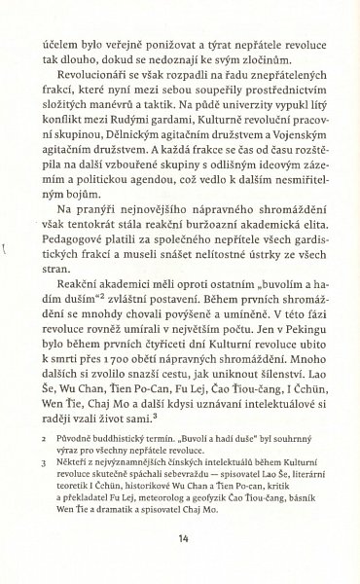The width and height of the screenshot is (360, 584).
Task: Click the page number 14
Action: pos(182,537)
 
